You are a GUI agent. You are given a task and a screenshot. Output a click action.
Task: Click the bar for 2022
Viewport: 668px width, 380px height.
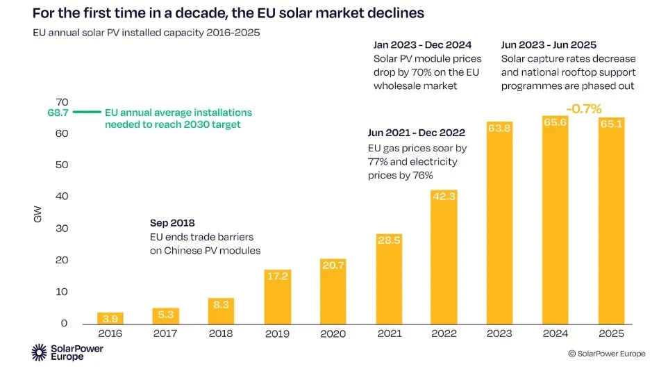tap(444, 257)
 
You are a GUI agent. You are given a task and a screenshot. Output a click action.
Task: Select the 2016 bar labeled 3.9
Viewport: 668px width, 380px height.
tap(110, 318)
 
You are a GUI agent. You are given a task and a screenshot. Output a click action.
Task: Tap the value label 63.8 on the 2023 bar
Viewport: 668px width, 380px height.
tap(499, 128)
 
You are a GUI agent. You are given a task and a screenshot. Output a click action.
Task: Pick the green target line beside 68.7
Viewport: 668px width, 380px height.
tap(87, 112)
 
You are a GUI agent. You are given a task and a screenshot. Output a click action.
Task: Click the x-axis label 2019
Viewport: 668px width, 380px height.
tap(277, 333)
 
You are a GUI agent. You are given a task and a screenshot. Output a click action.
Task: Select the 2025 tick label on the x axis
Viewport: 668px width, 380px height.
tap(611, 333)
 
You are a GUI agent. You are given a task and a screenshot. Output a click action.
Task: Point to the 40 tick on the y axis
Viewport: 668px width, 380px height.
tap(63, 197)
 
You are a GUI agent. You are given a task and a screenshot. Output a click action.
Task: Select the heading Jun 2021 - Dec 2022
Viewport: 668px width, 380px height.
tap(416, 132)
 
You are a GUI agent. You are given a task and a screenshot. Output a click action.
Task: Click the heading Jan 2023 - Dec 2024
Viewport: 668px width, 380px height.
tap(422, 45)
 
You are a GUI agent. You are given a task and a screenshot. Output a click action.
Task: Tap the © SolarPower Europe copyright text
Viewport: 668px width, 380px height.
tap(606, 354)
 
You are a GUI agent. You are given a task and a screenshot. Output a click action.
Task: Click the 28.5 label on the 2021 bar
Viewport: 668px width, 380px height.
tap(388, 240)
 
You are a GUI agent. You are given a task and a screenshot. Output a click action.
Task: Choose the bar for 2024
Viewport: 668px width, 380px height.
tap(555, 222)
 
